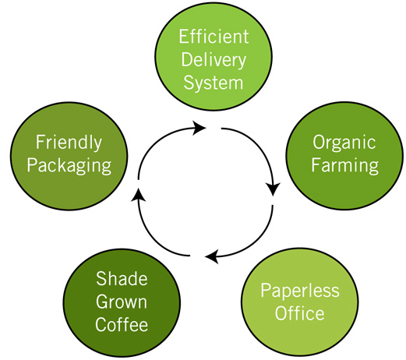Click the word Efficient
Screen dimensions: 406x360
214,37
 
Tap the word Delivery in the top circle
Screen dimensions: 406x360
214,61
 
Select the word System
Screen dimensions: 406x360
214,83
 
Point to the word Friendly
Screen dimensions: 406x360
69,143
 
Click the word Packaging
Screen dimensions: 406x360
69,166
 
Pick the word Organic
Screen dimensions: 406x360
344,143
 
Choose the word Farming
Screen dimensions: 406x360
345,166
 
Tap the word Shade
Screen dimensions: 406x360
122,278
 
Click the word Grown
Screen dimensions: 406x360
122,302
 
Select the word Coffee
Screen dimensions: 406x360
122,324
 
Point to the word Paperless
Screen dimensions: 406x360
300,291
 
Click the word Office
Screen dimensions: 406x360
300,313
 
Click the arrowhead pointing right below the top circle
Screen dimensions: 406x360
199,128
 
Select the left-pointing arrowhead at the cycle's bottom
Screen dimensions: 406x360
212,256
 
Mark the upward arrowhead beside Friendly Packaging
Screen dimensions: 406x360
138,195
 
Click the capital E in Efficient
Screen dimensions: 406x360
183,37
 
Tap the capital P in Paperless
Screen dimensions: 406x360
266,290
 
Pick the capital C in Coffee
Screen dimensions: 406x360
101,324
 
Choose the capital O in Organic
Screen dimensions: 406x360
319,142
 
